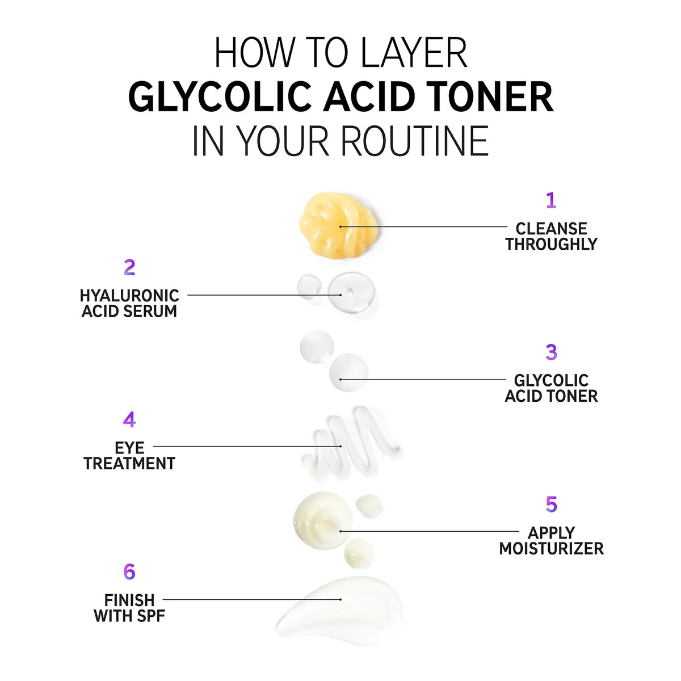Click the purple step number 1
[551, 200]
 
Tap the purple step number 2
[129, 267]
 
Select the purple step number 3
[551, 352]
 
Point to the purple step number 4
[129, 419]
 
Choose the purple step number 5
[551, 505]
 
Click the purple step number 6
[129, 571]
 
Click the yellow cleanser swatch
[338, 226]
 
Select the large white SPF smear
[339, 611]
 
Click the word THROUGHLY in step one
[551, 244]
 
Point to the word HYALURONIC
[129, 296]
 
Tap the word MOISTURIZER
[551, 548]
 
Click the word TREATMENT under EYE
[129, 463]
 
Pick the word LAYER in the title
[414, 53]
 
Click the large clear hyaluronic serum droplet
[351, 293]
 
